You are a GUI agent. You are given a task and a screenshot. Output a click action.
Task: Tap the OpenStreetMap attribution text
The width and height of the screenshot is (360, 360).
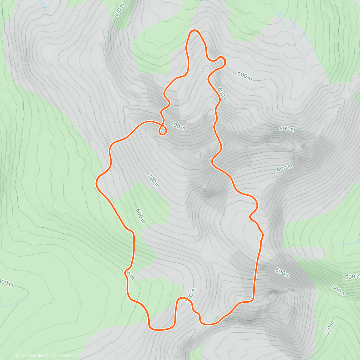[63, 356]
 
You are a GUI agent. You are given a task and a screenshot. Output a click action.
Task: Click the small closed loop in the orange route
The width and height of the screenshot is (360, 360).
[162, 130]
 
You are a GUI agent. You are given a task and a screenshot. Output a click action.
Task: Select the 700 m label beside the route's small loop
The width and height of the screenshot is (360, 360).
[178, 125]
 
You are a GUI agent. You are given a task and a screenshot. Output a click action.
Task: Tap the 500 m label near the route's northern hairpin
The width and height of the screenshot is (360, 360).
[244, 76]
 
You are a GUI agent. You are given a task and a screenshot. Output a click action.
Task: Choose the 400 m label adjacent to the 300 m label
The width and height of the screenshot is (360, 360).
[339, 290]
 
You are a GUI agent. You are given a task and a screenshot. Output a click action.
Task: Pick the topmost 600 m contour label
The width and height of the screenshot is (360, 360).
[119, 11]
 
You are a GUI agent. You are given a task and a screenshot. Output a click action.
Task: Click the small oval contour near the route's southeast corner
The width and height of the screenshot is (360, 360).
[272, 296]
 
